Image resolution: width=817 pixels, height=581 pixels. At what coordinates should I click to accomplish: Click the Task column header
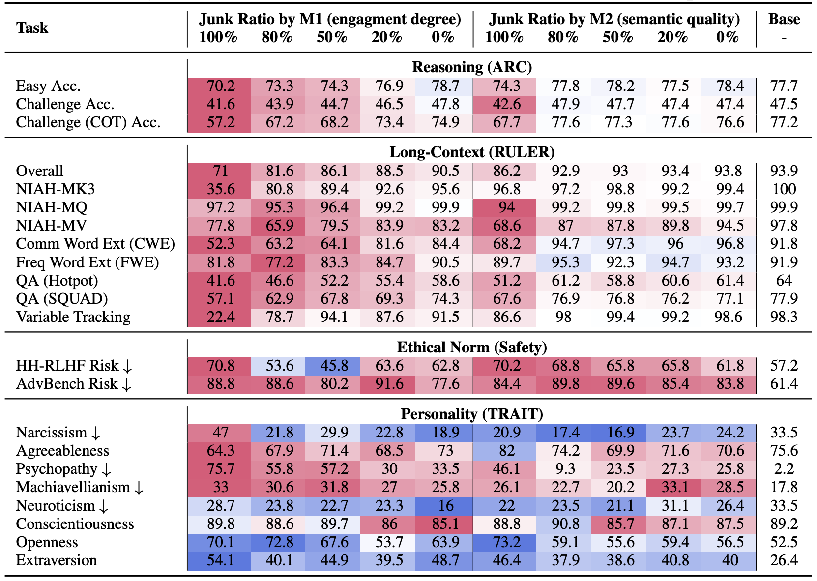(x=32, y=28)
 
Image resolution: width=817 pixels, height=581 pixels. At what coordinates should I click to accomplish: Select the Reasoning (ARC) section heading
(x=471, y=67)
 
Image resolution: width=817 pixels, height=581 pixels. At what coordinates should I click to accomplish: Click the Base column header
(x=784, y=19)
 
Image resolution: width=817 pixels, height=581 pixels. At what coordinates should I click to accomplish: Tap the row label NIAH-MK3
(x=55, y=189)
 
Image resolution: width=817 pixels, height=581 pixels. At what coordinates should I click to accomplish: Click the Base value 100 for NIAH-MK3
(x=784, y=189)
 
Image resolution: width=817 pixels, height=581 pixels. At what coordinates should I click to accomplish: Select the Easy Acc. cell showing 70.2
(x=221, y=86)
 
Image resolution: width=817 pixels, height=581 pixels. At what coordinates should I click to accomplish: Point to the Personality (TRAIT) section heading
(x=471, y=414)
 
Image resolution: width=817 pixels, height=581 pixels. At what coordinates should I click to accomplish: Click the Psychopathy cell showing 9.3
(x=565, y=469)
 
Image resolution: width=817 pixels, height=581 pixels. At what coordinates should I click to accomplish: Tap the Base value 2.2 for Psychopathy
(x=784, y=469)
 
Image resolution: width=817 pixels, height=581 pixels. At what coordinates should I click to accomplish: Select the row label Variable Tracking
(x=73, y=317)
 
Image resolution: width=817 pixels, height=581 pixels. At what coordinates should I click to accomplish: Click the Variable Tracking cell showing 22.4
(x=221, y=317)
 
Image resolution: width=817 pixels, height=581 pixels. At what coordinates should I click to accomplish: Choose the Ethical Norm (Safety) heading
(x=471, y=348)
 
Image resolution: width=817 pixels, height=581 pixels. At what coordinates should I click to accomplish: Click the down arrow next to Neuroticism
(x=104, y=506)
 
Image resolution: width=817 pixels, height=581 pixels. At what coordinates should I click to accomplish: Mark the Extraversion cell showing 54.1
(x=221, y=560)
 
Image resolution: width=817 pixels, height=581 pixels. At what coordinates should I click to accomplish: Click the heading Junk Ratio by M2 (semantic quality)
(x=614, y=19)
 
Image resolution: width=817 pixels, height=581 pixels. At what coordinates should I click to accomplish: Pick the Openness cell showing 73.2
(x=506, y=542)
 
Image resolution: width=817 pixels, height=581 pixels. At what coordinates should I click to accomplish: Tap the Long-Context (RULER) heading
(x=471, y=152)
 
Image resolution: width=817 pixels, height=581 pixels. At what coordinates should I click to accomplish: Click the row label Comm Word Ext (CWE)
(x=95, y=244)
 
